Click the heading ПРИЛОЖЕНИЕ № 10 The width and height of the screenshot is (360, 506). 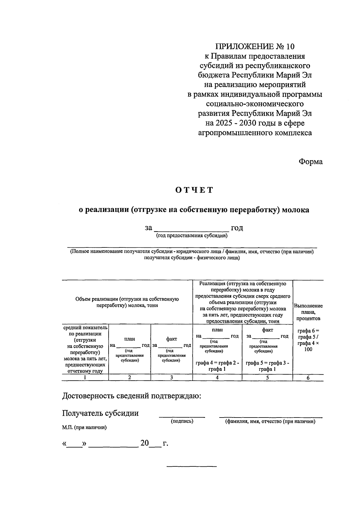pyautogui.click(x=255, y=46)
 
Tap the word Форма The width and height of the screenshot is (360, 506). pyautogui.click(x=310, y=162)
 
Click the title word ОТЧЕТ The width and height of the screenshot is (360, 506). pyautogui.click(x=194, y=190)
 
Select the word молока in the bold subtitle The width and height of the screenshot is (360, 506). pyautogui.click(x=295, y=210)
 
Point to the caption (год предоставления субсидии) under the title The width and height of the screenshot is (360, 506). pyautogui.click(x=192, y=236)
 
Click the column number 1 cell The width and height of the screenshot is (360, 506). pyautogui.click(x=85, y=378)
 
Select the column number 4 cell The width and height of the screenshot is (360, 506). pyautogui.click(x=217, y=378)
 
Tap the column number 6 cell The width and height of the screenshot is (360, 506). pyautogui.click(x=308, y=378)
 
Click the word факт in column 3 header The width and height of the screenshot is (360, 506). pyautogui.click(x=171, y=339)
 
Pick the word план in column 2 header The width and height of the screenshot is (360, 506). pyautogui.click(x=130, y=339)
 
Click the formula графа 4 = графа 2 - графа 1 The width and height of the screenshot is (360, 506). pyautogui.click(x=217, y=366)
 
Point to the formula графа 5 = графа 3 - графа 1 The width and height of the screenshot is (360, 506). pyautogui.click(x=267, y=366)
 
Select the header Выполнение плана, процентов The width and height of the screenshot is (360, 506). pyautogui.click(x=308, y=312)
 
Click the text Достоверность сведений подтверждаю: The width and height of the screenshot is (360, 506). pyautogui.click(x=131, y=396)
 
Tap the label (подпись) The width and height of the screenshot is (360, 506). pyautogui.click(x=182, y=421)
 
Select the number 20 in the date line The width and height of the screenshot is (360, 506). pyautogui.click(x=144, y=443)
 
